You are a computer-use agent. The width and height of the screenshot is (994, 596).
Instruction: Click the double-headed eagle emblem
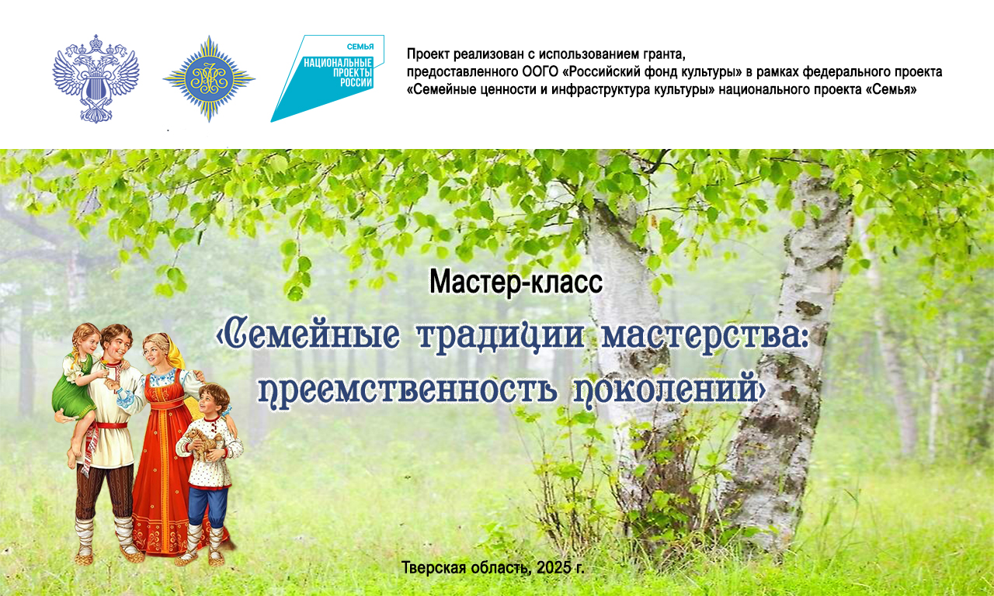(x=96, y=78)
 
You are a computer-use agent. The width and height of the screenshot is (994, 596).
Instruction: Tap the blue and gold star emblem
(x=209, y=79)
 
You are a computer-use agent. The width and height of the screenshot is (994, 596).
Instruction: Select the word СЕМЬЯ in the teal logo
(x=360, y=47)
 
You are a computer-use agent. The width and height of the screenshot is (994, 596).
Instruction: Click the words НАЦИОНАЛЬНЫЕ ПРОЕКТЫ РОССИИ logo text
(x=338, y=72)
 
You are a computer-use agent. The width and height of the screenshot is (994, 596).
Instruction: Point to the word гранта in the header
(x=664, y=54)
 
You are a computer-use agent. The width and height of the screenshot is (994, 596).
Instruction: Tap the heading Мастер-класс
(x=516, y=282)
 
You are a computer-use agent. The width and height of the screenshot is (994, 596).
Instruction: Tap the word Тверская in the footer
(x=433, y=568)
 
